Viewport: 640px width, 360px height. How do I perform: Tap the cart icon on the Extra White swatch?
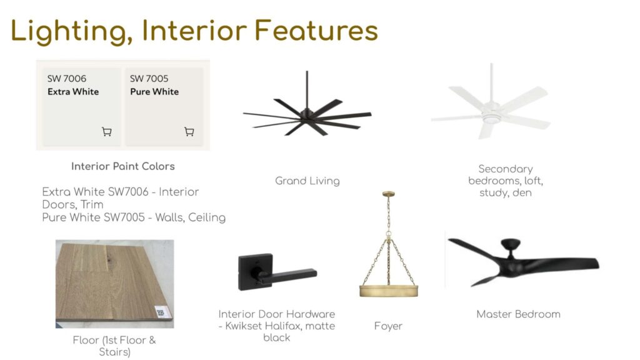click(x=106, y=131)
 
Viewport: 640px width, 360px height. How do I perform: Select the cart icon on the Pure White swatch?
click(x=189, y=131)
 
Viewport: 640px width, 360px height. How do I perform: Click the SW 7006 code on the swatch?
click(x=66, y=78)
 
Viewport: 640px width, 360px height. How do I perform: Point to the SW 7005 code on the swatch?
click(x=149, y=78)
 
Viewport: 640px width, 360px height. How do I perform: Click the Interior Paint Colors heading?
click(x=123, y=166)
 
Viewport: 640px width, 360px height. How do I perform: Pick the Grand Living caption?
click(x=307, y=181)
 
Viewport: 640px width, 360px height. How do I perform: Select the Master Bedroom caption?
click(x=518, y=314)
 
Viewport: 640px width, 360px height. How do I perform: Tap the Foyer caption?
click(x=388, y=326)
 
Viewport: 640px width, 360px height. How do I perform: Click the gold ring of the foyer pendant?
click(x=389, y=290)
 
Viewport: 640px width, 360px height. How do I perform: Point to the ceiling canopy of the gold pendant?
click(x=389, y=194)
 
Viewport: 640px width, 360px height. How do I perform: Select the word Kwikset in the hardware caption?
click(x=243, y=326)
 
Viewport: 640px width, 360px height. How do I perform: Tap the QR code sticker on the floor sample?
click(x=161, y=312)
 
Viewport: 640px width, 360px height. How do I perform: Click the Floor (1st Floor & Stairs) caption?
click(x=115, y=346)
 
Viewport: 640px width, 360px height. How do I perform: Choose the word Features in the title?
click(x=316, y=31)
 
